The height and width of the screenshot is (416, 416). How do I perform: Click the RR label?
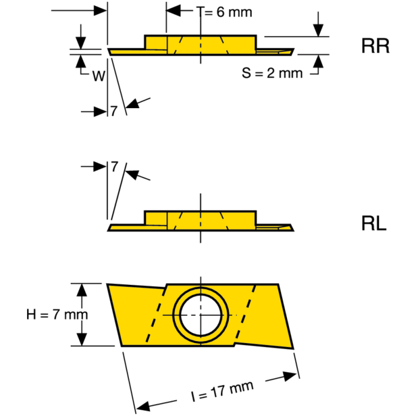[x=375, y=46]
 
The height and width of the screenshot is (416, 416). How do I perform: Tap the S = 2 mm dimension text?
[x=272, y=73]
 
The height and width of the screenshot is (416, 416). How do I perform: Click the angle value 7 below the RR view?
[x=114, y=111]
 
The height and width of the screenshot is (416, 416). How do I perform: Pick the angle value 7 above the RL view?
[x=114, y=166]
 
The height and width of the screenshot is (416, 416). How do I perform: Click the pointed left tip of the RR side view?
[x=109, y=50]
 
